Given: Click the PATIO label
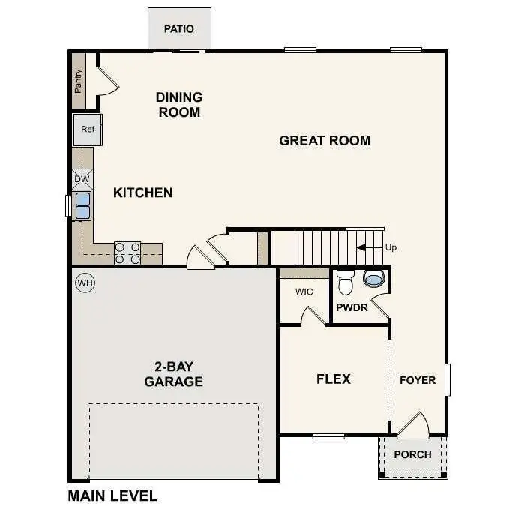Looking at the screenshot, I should tap(179, 29).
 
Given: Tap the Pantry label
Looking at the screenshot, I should tap(79, 81).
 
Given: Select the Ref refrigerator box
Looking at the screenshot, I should tap(88, 130).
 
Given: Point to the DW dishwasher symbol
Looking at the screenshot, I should tap(82, 180).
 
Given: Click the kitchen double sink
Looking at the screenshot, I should tap(82, 205).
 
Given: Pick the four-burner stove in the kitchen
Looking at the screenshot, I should tap(127, 253).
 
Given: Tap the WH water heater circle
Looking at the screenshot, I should tap(85, 283).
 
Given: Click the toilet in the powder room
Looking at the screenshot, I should tap(345, 283).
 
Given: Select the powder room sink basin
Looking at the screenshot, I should tap(373, 280).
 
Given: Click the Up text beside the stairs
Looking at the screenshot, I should tap(391, 247).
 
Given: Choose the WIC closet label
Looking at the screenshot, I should tap(304, 292).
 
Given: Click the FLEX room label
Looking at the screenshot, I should tap(333, 379).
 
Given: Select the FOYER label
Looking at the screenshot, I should tap(417, 380).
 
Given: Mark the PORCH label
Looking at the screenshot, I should tap(412, 454).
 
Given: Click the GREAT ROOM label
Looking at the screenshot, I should tap(325, 140).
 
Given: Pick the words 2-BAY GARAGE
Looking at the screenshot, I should tap(173, 374).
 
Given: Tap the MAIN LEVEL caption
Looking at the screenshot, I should tap(112, 496).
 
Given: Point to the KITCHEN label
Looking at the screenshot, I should tap(142, 193).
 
